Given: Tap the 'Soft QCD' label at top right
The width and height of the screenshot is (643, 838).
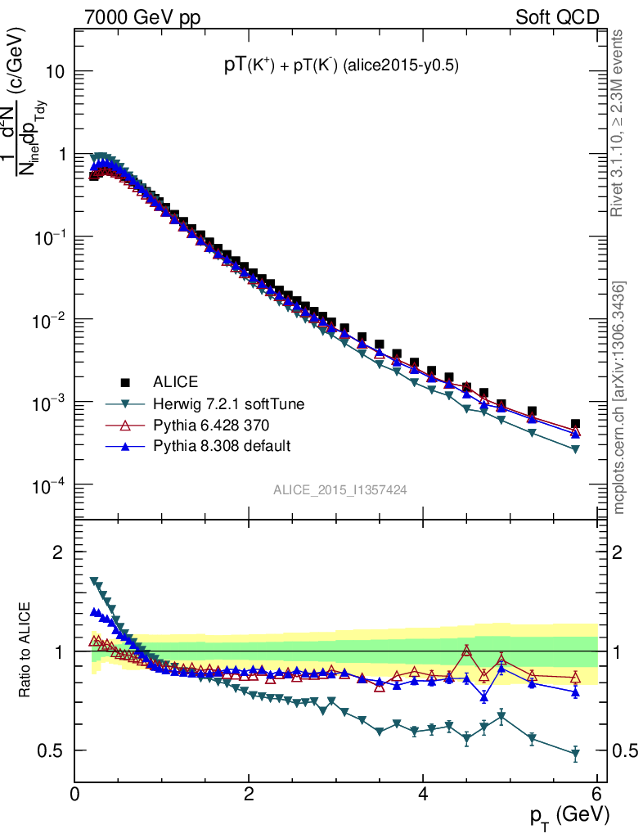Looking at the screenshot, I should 557,17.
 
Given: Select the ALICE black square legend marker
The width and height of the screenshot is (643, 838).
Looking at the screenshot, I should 125,381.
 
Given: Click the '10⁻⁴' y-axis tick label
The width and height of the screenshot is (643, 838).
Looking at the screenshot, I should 47,486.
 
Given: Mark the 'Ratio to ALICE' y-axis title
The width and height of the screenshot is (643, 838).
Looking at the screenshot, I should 26,651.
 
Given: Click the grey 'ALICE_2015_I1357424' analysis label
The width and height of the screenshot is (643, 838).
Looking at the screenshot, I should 340,489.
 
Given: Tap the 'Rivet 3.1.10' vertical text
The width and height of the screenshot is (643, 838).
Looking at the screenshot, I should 619,123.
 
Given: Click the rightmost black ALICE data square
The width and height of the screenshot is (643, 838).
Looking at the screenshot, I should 575,424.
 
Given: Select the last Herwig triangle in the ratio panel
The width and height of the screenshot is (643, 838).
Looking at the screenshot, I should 575,754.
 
